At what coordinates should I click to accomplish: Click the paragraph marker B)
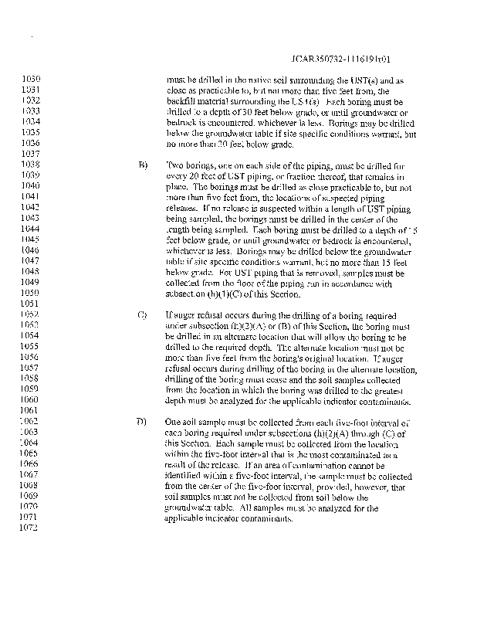tap(143, 165)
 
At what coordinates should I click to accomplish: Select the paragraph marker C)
tap(143, 315)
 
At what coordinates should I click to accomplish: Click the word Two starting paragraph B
tap(174, 165)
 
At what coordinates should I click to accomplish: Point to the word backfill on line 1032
tap(182, 101)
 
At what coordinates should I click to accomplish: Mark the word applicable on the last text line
tap(186, 518)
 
